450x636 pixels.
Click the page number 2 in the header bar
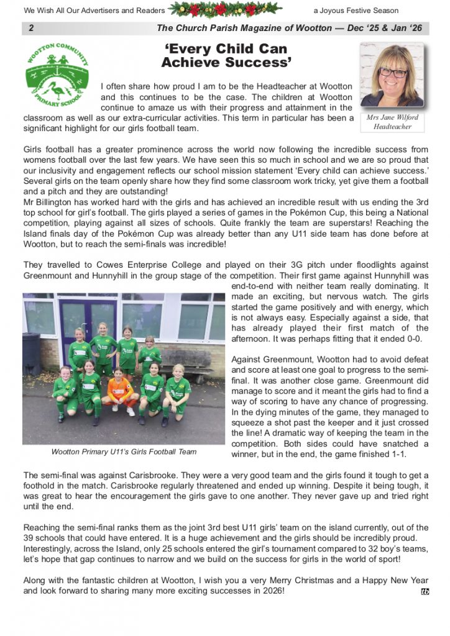pos(31,29)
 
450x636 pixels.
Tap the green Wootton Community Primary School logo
pos(57,75)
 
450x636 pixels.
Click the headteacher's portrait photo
pos(392,75)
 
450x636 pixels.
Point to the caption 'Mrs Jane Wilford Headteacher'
pos(392,122)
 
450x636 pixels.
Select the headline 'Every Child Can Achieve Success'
pos(226,55)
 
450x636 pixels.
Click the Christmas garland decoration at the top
pos(226,10)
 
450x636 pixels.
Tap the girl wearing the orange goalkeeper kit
pos(119,391)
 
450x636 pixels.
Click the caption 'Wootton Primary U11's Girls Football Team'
pos(124,452)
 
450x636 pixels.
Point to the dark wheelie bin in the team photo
pos(32,354)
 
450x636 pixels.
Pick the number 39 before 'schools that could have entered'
pos(30,538)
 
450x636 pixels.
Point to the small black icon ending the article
pos(425,591)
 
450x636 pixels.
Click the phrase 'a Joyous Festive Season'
pos(356,11)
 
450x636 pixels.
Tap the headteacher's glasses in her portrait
pos(392,72)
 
